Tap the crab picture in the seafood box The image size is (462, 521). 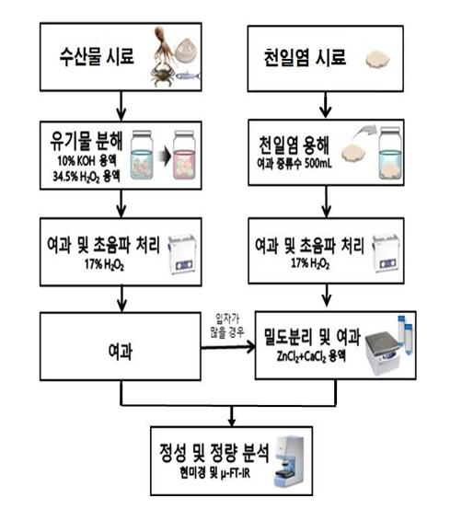click(x=162, y=75)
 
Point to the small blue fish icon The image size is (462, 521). click(x=188, y=76)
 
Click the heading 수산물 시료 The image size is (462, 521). click(x=97, y=56)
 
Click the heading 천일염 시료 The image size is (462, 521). click(x=305, y=57)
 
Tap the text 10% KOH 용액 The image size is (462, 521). click(x=87, y=161)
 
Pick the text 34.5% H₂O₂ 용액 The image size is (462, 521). click(x=87, y=176)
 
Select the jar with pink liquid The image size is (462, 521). click(x=184, y=156)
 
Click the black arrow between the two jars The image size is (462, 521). click(x=164, y=156)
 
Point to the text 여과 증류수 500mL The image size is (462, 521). click(x=295, y=163)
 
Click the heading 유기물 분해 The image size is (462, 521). click(x=87, y=141)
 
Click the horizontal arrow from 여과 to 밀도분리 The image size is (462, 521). click(x=228, y=347)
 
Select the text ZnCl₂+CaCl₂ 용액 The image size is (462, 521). click(x=311, y=356)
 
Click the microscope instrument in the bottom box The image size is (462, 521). click(x=289, y=461)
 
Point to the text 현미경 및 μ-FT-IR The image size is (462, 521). click(x=214, y=473)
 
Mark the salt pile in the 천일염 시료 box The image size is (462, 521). click(x=377, y=60)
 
